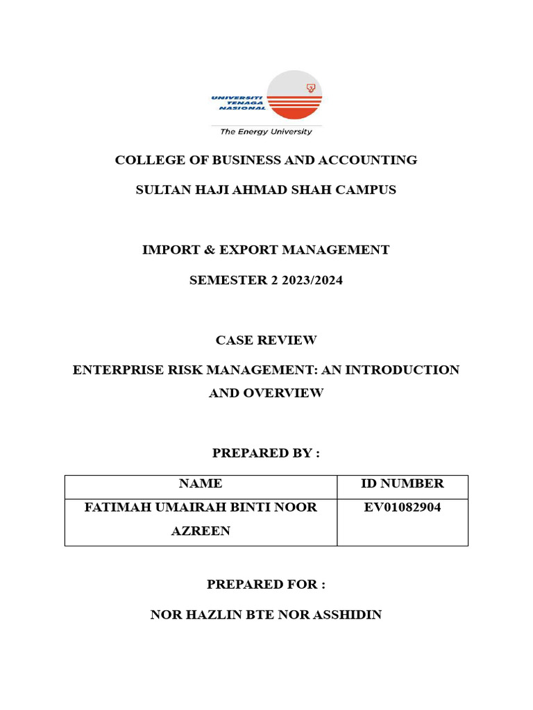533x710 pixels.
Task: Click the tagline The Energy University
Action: tap(266, 131)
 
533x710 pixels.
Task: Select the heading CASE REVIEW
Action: tap(266, 340)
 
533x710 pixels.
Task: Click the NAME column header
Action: tap(200, 483)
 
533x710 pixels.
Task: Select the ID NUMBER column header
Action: tap(403, 483)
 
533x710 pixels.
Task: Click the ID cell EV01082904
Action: tap(403, 507)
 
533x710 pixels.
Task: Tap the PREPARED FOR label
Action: tap(266, 585)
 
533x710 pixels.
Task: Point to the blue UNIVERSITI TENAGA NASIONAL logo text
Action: tap(237, 103)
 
